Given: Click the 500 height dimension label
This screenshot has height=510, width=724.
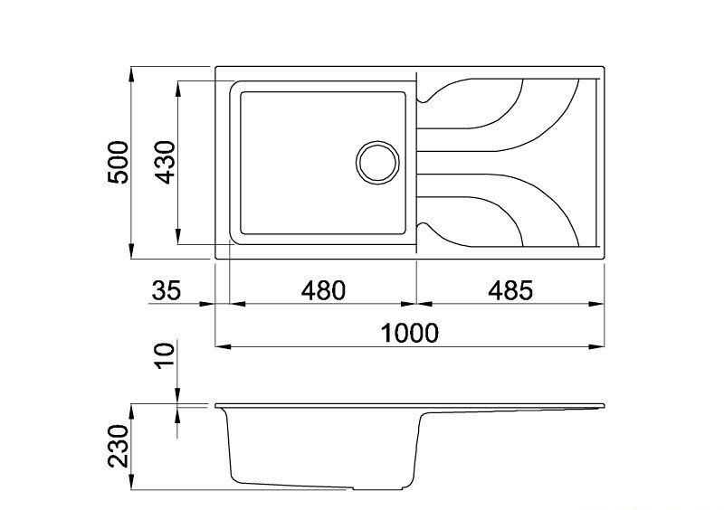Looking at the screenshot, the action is pyautogui.click(x=118, y=163).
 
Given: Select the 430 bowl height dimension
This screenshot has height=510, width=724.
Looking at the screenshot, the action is pyautogui.click(x=166, y=163).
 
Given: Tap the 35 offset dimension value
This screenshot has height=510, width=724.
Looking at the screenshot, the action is pyautogui.click(x=167, y=290).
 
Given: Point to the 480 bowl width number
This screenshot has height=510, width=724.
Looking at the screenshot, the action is pyautogui.click(x=323, y=290).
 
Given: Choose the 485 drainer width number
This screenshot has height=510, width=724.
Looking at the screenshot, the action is pyautogui.click(x=510, y=290).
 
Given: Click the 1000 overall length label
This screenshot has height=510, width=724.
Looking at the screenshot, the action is pyautogui.click(x=409, y=334).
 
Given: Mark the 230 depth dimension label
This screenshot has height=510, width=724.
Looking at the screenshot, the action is pyautogui.click(x=118, y=447).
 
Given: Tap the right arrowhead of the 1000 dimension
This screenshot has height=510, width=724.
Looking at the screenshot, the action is pyautogui.click(x=596, y=346).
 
